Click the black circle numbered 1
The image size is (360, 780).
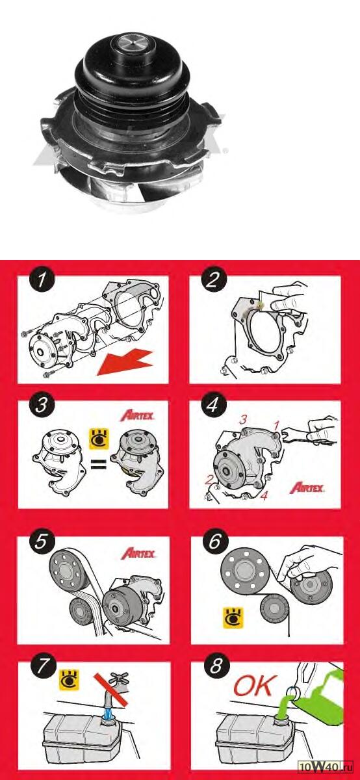[x=42, y=279]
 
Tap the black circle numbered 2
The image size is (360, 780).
[x=212, y=279]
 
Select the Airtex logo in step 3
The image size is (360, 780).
[x=137, y=415]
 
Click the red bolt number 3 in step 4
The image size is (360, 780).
[x=243, y=420]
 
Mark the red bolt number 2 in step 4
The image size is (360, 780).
[x=209, y=480]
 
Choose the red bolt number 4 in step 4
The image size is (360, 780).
[x=264, y=495]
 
